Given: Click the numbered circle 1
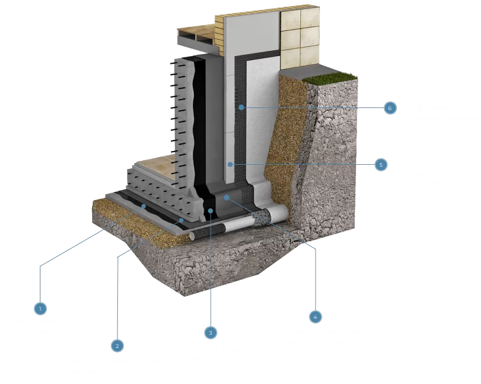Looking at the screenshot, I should (x=40, y=309).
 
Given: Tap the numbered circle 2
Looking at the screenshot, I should (x=116, y=345).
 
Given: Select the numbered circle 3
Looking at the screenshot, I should (x=210, y=332).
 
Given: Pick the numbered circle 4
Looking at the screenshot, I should (x=314, y=316).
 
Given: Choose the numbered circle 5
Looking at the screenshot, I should (x=381, y=164).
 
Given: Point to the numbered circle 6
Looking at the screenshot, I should (x=389, y=108).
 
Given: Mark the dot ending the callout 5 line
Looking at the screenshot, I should (x=231, y=164).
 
